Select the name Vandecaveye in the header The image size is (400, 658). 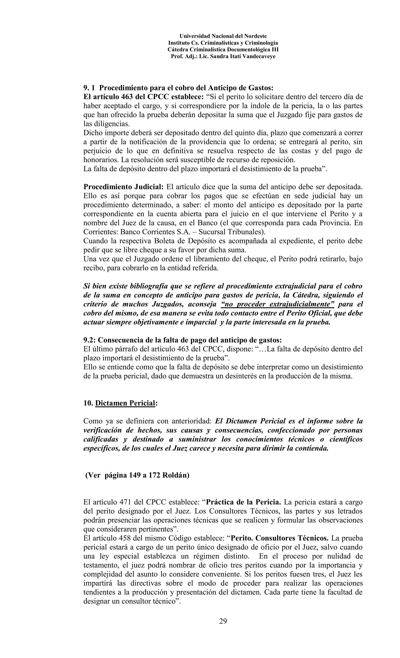click(259, 56)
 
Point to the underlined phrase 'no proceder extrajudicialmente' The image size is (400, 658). click(278, 304)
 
